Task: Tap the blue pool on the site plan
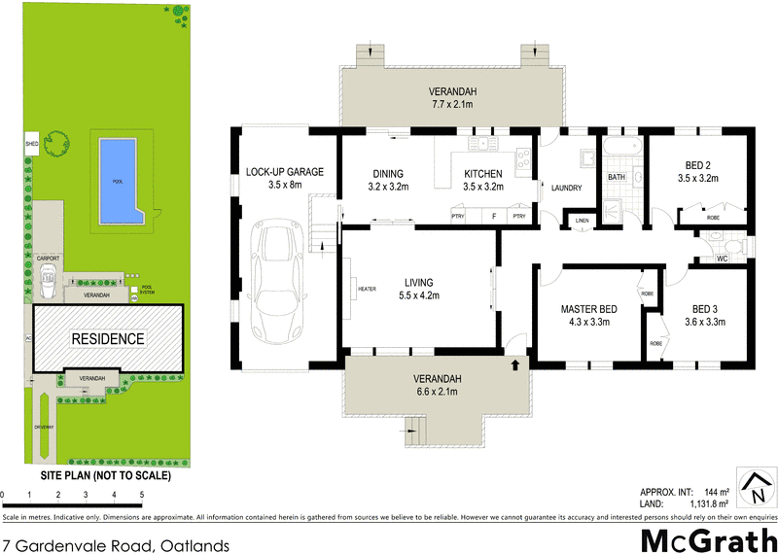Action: point(118,180)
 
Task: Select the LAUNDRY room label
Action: point(565,188)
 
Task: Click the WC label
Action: point(723,260)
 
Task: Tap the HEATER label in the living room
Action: point(367,288)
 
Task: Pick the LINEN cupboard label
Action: point(583,221)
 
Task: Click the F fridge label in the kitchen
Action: point(494,216)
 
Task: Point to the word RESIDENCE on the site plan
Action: point(107,339)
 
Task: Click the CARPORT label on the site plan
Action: point(49,258)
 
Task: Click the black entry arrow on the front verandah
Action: point(514,365)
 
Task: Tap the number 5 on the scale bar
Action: point(142,496)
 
